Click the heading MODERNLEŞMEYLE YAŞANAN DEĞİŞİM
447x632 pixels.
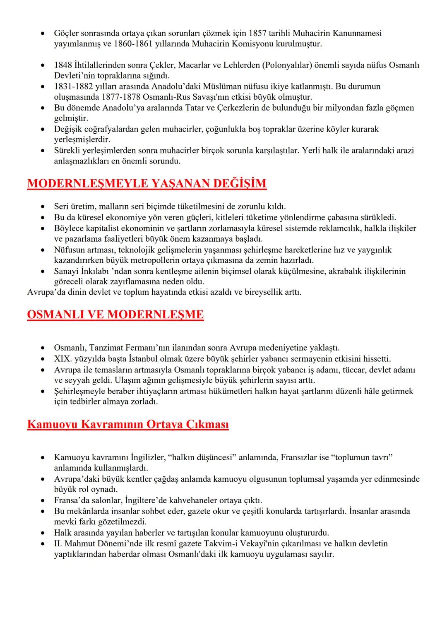(x=147, y=183)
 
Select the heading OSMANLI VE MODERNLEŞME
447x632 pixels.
(x=115, y=315)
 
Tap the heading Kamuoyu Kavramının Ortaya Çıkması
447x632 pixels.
(x=127, y=425)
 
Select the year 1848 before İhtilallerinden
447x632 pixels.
(x=63, y=65)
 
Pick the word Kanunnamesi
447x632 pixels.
(x=358, y=33)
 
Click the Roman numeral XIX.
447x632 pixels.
(x=63, y=359)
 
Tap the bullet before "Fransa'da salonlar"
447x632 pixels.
(x=42, y=500)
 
